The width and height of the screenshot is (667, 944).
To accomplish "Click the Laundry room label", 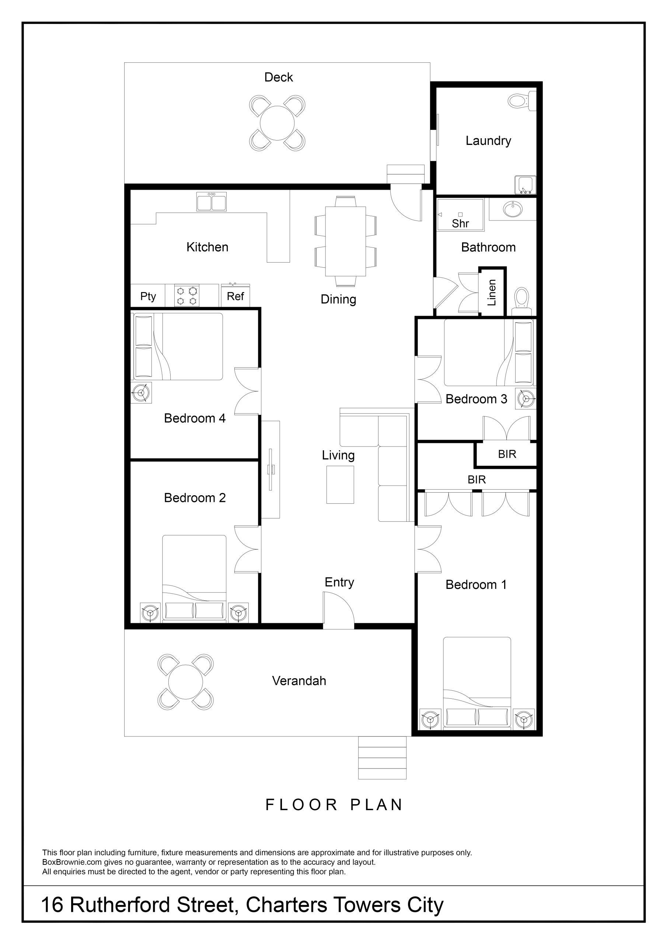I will coord(488,140).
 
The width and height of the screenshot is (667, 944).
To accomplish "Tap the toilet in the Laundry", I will coord(521,100).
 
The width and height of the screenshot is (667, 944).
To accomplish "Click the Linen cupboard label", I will coord(492,292).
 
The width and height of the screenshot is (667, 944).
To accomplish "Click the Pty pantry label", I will coord(148,296).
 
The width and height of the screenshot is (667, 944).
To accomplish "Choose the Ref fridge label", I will coord(235,296).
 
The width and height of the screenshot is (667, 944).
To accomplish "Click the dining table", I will coord(345,241).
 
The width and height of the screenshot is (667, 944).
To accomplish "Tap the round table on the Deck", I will coord(277,123).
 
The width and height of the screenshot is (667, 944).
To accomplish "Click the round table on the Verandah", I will coord(185,682).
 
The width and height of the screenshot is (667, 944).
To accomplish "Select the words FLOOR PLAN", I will coord(334,805).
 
